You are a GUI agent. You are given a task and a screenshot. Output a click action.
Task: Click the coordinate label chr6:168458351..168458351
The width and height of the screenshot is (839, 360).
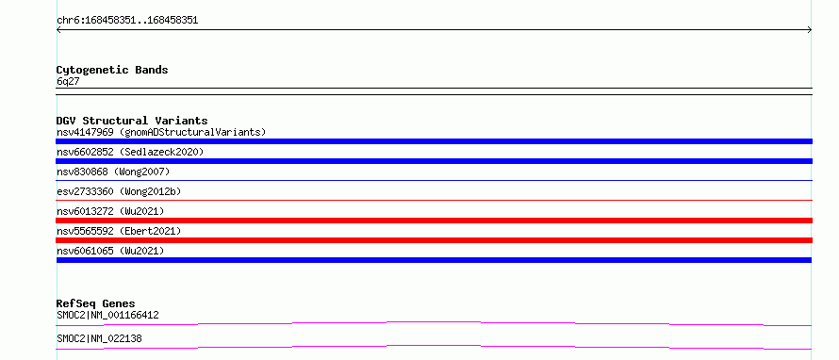pos(127,21)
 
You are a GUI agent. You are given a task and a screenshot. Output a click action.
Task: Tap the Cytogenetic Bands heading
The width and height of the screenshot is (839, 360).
pos(112,70)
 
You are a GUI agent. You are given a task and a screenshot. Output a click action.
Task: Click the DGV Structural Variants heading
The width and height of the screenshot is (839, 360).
pos(132,121)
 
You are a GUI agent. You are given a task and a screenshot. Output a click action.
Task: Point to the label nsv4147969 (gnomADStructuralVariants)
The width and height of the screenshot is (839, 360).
pos(161,132)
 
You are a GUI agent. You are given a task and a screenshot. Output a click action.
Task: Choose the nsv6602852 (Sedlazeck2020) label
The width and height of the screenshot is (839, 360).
pos(130,152)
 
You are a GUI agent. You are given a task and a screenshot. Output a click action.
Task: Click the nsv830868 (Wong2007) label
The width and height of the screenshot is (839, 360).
pos(113,172)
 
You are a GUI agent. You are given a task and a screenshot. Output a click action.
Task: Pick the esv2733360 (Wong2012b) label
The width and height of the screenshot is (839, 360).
pos(115,191)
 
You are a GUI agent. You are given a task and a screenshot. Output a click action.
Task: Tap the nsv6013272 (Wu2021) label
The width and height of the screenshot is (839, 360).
pos(110,211)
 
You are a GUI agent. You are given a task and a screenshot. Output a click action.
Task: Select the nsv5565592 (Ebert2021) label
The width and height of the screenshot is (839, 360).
pos(119,231)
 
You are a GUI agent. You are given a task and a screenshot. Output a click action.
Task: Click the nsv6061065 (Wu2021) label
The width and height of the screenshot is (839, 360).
pos(110,251)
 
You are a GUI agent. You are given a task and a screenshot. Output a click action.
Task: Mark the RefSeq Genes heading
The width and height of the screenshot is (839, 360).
pos(95,303)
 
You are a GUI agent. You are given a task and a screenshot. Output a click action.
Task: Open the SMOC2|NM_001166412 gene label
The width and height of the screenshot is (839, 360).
pos(107,315)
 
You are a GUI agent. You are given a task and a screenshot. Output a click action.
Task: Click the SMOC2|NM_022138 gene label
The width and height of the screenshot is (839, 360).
pos(99,338)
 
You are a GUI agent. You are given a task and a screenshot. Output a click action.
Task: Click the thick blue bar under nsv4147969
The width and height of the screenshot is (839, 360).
pos(434,141)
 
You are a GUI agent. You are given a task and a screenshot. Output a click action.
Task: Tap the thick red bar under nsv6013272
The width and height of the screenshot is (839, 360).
pos(434,221)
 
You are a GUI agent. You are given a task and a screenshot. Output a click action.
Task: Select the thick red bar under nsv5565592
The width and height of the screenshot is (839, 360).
pos(434,240)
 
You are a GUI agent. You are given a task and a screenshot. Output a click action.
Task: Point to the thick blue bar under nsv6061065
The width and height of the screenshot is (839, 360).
pos(434,260)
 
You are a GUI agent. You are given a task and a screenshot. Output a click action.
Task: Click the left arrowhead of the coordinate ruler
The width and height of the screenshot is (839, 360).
pos(58,30)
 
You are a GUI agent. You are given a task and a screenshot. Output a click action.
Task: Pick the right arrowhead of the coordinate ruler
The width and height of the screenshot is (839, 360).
pos(811,30)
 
